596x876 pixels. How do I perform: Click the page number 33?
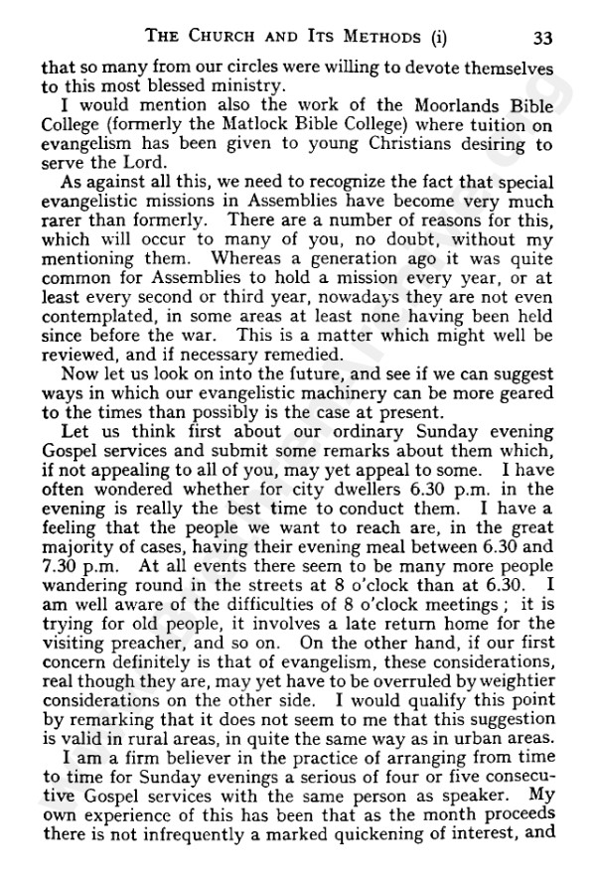coord(541,39)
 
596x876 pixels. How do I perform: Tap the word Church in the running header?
coord(219,39)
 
